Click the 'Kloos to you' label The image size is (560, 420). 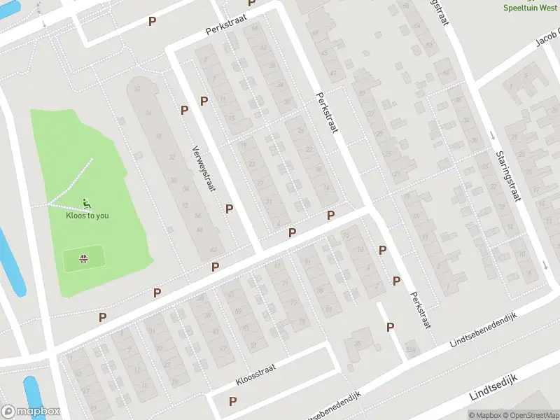[x=87, y=216]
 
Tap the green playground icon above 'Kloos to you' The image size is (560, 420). [x=87, y=204]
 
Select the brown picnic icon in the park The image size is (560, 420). [x=84, y=259]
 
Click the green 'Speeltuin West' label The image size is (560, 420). [x=531, y=7]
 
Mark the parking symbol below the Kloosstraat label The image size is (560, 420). [x=233, y=401]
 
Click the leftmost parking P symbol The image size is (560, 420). [x=103, y=317]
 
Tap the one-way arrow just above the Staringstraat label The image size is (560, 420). [x=492, y=135]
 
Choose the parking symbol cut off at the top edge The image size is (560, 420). [x=252, y=3]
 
